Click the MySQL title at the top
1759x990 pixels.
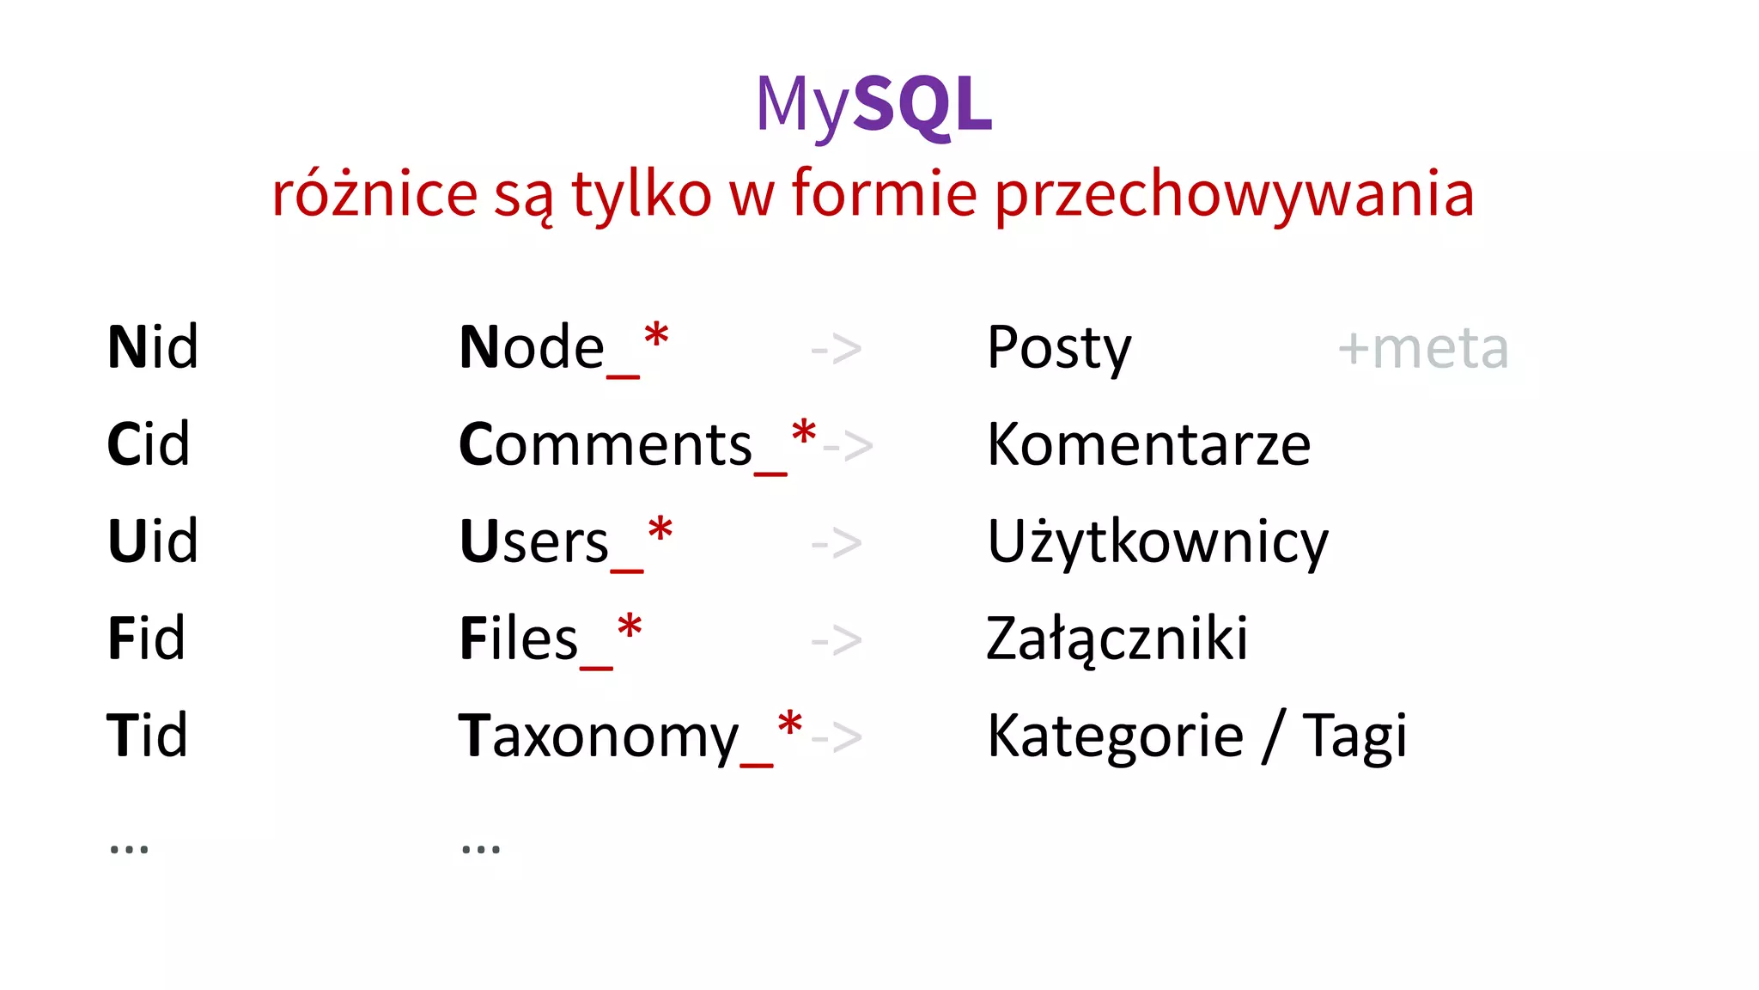click(873, 105)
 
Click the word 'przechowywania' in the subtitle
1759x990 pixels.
click(1234, 194)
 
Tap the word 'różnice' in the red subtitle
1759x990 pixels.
click(374, 194)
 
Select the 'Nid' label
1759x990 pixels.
click(152, 347)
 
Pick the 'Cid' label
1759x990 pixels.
click(148, 444)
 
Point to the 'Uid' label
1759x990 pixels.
click(152, 541)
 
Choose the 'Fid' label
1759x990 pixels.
click(146, 639)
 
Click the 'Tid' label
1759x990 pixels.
click(147, 736)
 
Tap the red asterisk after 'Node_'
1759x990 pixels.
click(656, 336)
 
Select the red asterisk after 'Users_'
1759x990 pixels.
click(660, 530)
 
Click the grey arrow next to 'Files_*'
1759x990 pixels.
click(837, 640)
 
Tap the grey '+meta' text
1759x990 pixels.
click(1422, 349)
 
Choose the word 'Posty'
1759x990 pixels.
click(1059, 349)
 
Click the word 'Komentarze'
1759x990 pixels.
click(1148, 445)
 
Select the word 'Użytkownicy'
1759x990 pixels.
click(1157, 543)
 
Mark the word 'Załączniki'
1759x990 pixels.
click(1117, 639)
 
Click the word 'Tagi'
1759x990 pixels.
click(1354, 737)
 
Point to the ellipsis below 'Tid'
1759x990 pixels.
click(129, 849)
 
